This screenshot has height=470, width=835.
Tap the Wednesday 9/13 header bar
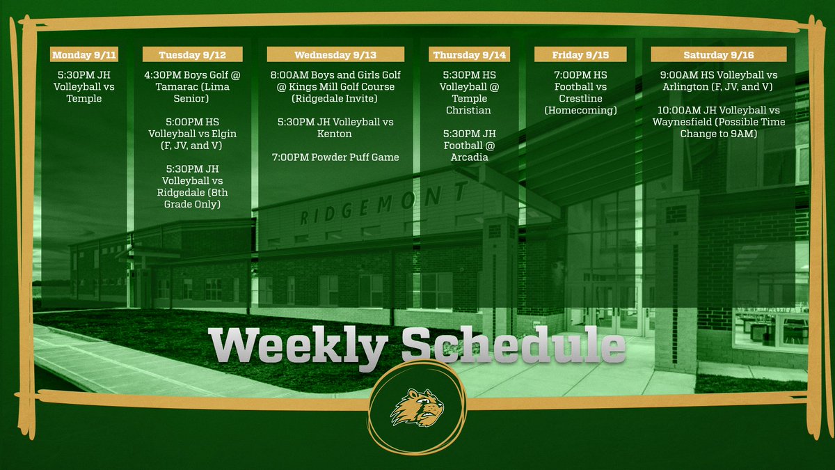pyautogui.click(x=335, y=54)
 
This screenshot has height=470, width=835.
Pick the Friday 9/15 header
pyautogui.click(x=580, y=54)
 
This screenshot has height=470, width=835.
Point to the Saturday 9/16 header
pyautogui.click(x=718, y=54)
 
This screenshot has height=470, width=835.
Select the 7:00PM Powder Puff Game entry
pyautogui.click(x=335, y=157)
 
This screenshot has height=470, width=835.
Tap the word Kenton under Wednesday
pyautogui.click(x=335, y=134)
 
